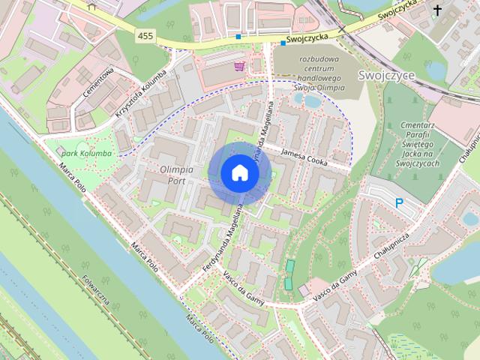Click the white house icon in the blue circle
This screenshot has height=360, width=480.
click(x=239, y=173)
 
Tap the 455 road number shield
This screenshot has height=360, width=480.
click(x=145, y=35)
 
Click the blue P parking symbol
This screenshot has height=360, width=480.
click(x=400, y=202)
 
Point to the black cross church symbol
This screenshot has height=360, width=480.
click(x=437, y=10)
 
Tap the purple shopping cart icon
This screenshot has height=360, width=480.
click(x=238, y=66)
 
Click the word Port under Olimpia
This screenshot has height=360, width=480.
click(x=176, y=181)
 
